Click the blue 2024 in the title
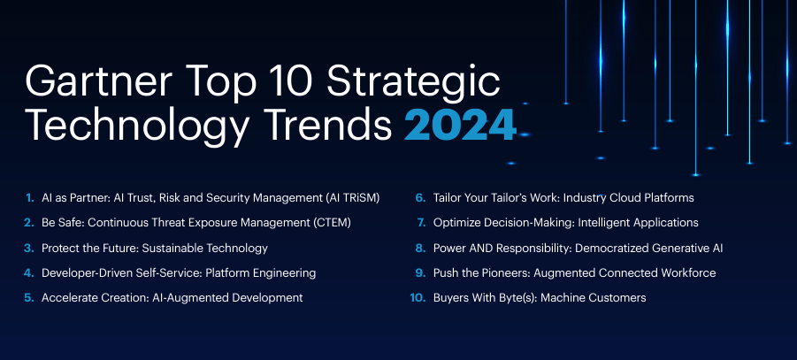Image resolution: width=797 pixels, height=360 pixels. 460,125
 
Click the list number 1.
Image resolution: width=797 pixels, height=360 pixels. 30,198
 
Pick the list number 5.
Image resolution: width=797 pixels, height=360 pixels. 29,298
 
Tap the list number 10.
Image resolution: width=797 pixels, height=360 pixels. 418,298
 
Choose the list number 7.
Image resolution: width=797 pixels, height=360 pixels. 420,223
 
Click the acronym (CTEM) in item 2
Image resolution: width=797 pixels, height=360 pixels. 334,223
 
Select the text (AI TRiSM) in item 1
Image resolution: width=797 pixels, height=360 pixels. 352,198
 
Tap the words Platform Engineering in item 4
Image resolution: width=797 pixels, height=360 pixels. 261,273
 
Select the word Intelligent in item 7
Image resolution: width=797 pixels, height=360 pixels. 602,223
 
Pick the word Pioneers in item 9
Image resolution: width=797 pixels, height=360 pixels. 501,273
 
